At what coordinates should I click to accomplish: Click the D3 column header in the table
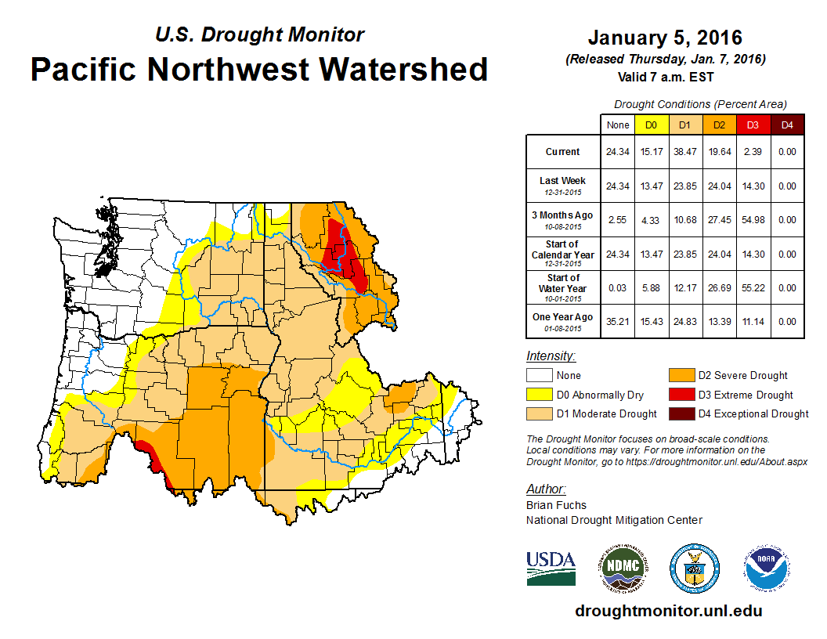point(752,125)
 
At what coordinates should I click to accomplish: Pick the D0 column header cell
point(651,125)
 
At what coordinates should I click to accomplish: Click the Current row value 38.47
point(684,152)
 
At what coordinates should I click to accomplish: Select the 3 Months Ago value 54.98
point(752,220)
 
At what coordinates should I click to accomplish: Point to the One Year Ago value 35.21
point(618,322)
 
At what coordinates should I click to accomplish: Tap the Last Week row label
point(562,181)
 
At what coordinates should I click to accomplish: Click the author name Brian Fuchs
point(556,505)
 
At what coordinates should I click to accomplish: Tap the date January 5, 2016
point(665,38)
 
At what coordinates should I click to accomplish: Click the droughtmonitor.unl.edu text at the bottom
point(668,611)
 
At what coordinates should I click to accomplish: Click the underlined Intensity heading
point(551,356)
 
